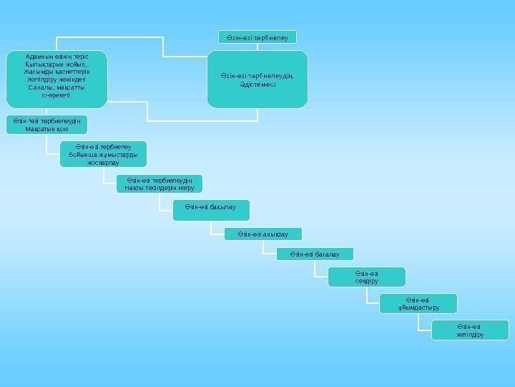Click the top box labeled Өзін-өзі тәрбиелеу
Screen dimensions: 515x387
[x=256, y=37]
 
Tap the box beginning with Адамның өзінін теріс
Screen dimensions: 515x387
[x=57, y=78]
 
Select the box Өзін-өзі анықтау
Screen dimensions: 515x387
[x=263, y=234]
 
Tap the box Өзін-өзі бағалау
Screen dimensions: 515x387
[x=315, y=254]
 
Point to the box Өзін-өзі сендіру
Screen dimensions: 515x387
[x=366, y=277]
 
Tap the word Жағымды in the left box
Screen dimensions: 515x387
[x=36, y=70]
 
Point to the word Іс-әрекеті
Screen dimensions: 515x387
[x=57, y=95]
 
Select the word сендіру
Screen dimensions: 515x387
[x=366, y=281]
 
